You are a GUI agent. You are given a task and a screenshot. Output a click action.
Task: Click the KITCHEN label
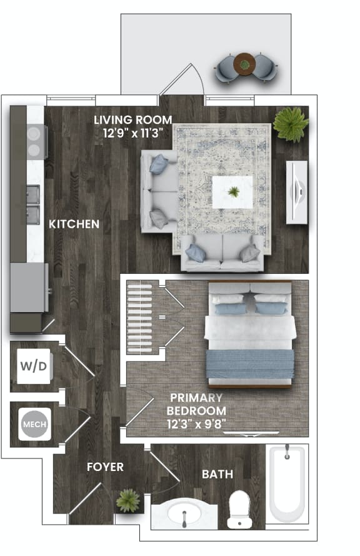(74, 223)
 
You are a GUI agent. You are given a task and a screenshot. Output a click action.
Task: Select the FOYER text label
(105, 467)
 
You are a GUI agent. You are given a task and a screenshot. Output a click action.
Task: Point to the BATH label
(217, 474)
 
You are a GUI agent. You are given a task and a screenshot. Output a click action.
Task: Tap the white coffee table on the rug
(232, 192)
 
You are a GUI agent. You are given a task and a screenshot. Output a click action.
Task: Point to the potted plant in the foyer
(128, 500)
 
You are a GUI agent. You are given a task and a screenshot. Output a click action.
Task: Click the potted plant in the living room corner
(291, 123)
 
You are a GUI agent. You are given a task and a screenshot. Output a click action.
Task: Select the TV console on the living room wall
(297, 191)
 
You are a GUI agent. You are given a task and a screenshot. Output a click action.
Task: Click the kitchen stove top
(36, 141)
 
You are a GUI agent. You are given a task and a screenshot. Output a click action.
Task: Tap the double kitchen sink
(32, 196)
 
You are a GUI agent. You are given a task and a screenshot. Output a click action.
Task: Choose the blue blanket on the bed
(249, 364)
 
